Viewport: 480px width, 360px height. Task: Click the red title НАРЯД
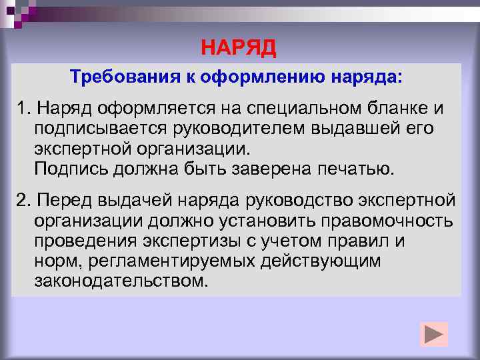[x=238, y=49]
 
